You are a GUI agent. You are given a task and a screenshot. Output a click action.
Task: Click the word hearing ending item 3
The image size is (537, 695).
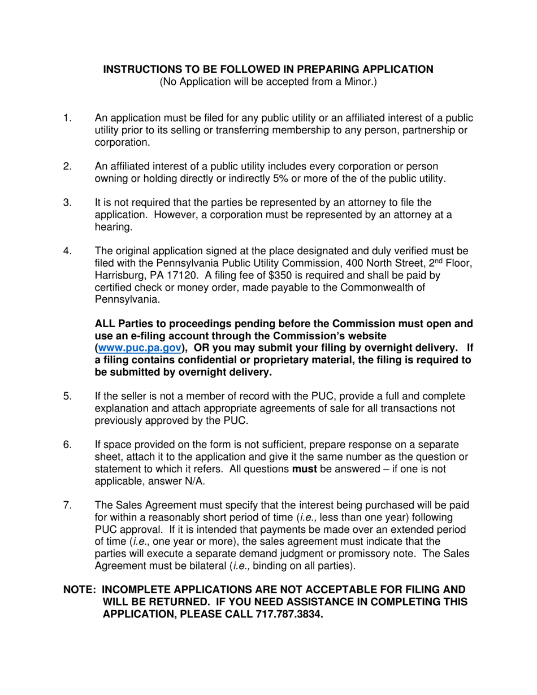(111, 227)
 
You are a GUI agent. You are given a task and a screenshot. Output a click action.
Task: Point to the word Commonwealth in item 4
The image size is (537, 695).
(414, 288)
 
